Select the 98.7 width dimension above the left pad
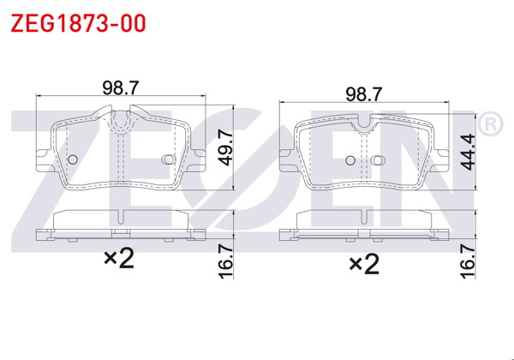(121, 87)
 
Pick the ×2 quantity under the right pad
(363, 263)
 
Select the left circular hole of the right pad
(350, 159)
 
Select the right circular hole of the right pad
(378, 159)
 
